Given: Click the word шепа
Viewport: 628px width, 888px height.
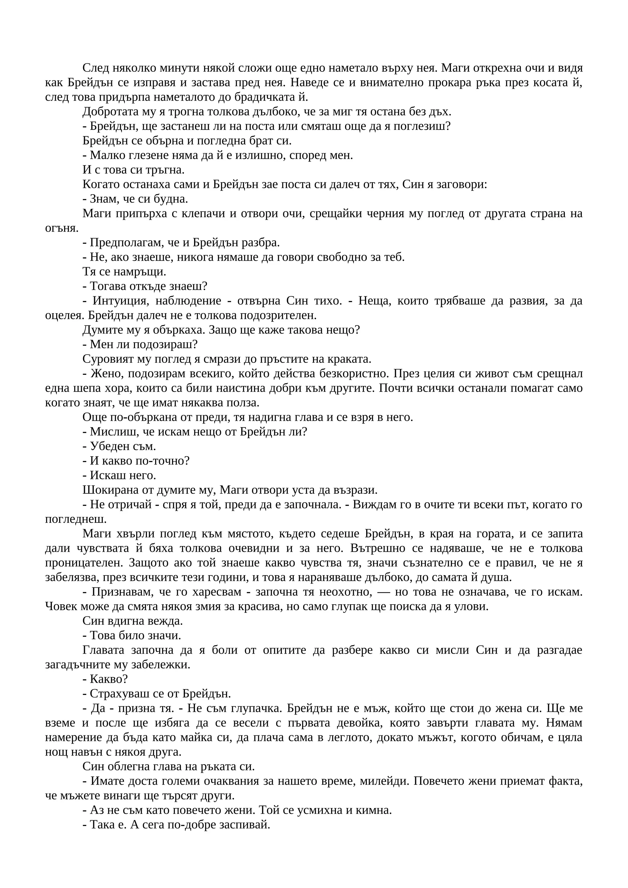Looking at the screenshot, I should click(80, 388).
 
